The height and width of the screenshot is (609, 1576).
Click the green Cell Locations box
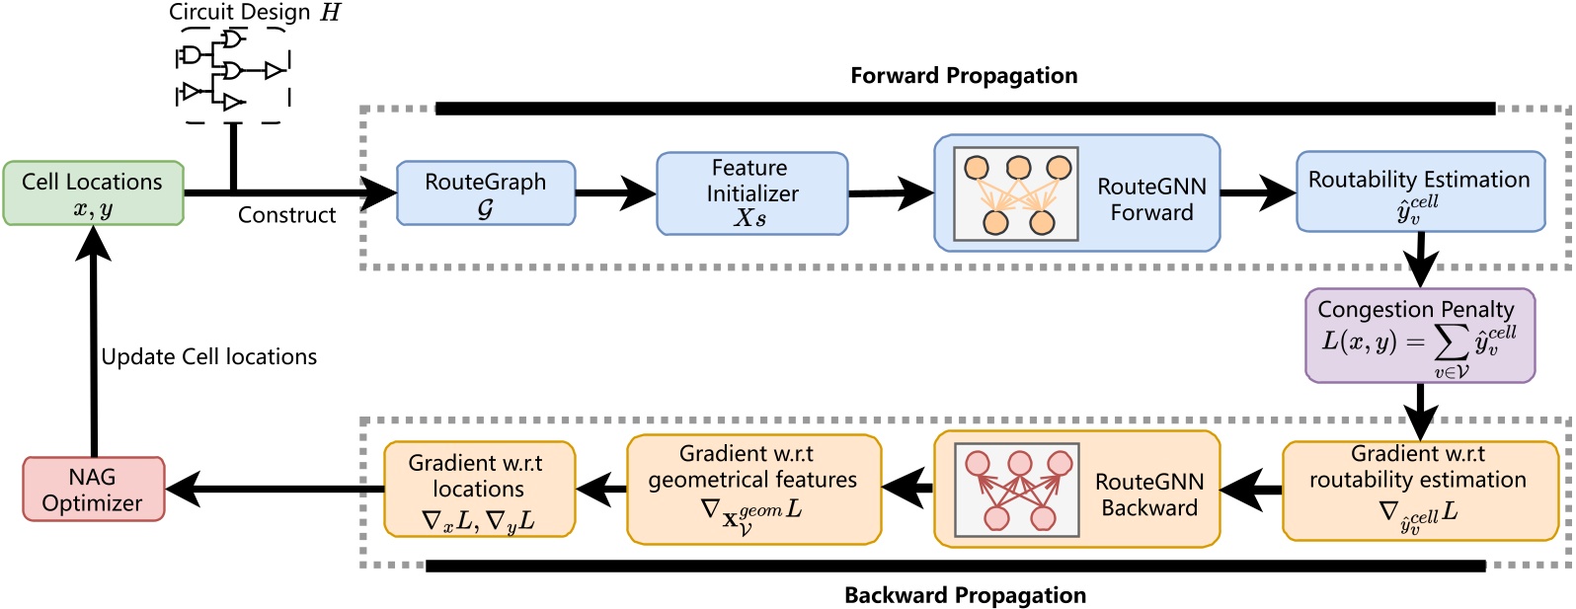[x=93, y=193]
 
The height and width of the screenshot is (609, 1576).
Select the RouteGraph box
[x=485, y=193]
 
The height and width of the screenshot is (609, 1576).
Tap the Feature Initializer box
[x=751, y=193]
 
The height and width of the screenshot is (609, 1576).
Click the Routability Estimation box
[x=1419, y=192]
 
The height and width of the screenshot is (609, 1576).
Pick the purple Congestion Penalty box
[x=1419, y=336]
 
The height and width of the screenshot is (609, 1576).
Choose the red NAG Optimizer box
[x=93, y=489]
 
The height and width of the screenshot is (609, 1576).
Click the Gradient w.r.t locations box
[x=478, y=490]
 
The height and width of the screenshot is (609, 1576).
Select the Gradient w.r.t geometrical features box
[x=752, y=490]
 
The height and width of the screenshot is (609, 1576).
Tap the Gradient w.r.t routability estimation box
[x=1419, y=490]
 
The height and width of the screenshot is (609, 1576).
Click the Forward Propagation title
[x=964, y=76]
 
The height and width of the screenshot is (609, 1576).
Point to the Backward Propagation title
[x=965, y=595]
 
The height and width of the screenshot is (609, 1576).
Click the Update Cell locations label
[x=209, y=357]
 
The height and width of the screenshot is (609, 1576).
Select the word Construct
[x=286, y=215]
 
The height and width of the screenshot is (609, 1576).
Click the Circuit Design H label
[x=254, y=13]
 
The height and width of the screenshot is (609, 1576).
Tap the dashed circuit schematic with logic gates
[x=234, y=74]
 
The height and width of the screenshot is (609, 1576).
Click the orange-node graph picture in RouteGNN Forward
[x=1016, y=194]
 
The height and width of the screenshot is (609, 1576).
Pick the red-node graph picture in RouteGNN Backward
[x=1016, y=490]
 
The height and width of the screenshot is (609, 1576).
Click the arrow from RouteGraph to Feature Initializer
[x=615, y=193]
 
